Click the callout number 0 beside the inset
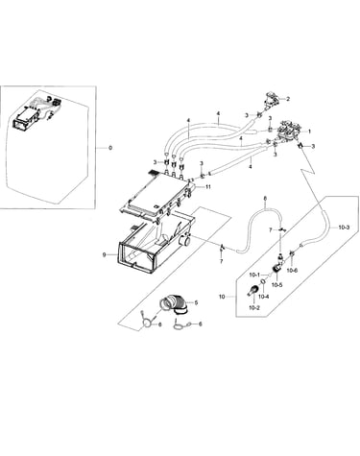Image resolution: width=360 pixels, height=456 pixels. [x=110, y=148]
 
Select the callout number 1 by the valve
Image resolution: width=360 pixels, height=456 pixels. [x=309, y=132]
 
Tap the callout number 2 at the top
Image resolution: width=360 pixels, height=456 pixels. [x=288, y=99]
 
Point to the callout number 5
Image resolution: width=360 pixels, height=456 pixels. [x=196, y=302]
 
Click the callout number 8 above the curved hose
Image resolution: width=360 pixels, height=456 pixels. [x=265, y=199]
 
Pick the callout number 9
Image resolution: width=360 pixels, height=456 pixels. [x=105, y=254]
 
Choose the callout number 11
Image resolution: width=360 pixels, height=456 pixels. [x=208, y=187]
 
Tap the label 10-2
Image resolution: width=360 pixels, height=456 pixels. [x=253, y=308]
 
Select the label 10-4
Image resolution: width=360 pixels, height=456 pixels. [x=263, y=297]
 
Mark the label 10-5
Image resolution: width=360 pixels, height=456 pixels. [x=277, y=285]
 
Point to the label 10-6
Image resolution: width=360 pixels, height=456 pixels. [x=292, y=271]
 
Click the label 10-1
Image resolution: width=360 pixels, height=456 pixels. [x=254, y=275]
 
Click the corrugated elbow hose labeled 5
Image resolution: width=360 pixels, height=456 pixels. [x=175, y=305]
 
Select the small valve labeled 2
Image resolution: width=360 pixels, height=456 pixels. [x=271, y=100]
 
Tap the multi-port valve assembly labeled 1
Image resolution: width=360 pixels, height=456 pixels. [x=290, y=132]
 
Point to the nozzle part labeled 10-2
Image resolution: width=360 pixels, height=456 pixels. [x=252, y=290]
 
